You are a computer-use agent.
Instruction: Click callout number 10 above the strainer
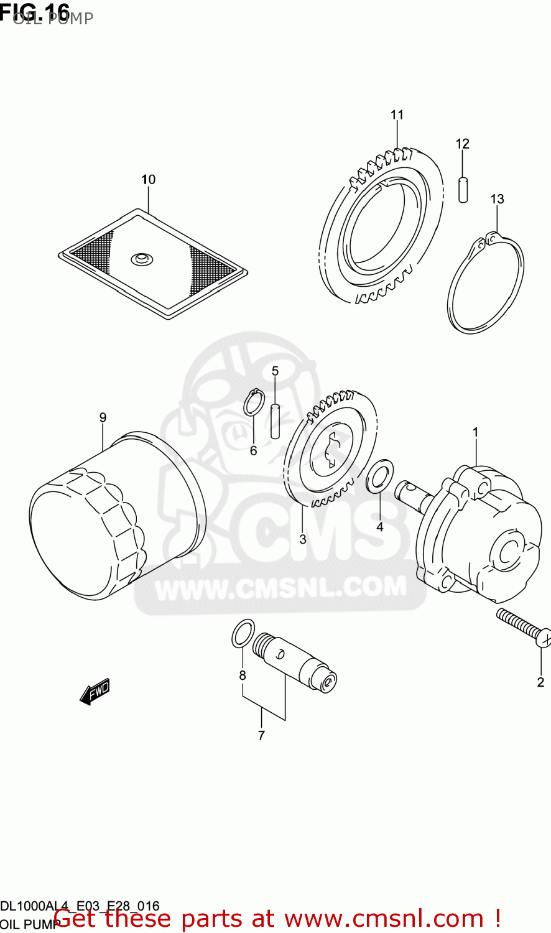click(148, 180)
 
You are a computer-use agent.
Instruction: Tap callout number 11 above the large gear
click(397, 114)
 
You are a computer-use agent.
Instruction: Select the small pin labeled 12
click(462, 189)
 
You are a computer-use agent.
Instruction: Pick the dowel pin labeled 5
click(275, 421)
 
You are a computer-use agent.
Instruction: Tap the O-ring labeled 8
click(243, 633)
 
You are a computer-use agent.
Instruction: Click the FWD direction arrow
click(95, 691)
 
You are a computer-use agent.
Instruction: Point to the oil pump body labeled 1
click(479, 535)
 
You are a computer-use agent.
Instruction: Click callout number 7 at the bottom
click(261, 736)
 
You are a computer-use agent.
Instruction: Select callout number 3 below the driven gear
click(303, 539)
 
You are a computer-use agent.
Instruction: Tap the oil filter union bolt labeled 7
click(296, 662)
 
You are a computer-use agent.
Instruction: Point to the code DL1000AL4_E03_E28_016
click(80, 906)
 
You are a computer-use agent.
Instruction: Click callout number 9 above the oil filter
click(103, 417)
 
